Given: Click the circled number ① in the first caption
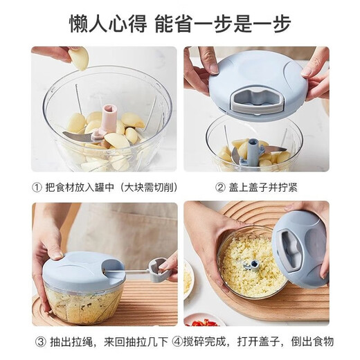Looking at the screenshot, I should [37, 186].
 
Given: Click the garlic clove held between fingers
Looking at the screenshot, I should [80, 58].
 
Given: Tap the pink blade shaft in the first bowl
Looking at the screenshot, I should [109, 120].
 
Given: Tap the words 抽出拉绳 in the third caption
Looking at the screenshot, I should [73, 341].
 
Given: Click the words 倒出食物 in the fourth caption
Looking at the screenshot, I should [312, 341].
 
